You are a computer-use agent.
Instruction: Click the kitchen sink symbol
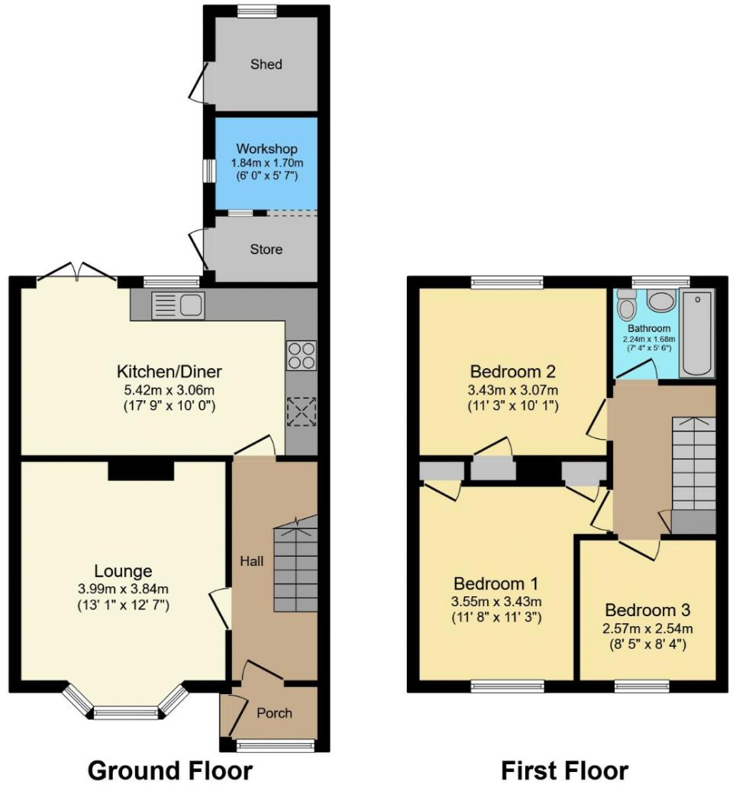click(178, 305)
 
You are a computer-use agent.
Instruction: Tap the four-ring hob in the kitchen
click(301, 355)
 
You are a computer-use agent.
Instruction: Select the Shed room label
click(266, 64)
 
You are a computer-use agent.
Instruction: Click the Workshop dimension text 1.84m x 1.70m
click(266, 162)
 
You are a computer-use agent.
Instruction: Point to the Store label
click(266, 250)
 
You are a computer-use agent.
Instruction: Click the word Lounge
click(123, 571)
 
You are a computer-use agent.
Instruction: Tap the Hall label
click(252, 561)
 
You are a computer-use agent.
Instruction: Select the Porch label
click(274, 713)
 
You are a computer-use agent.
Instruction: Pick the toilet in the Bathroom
click(628, 305)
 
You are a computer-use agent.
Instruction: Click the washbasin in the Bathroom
click(661, 299)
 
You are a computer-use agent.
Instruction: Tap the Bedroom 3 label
click(647, 610)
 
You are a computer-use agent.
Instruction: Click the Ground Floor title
click(170, 770)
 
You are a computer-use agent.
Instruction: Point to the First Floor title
click(564, 770)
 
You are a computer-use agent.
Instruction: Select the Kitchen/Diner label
click(169, 373)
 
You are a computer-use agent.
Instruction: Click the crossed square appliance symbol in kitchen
click(301, 412)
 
